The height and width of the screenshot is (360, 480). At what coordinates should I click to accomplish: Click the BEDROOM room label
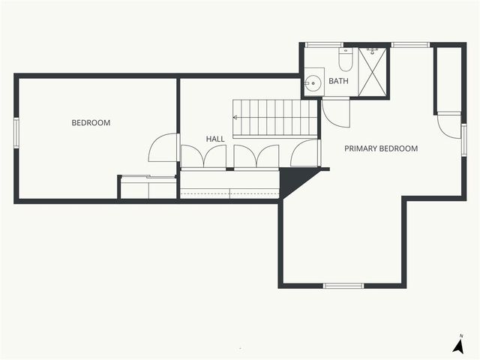(91, 123)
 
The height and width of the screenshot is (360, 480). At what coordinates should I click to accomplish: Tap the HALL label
(215, 139)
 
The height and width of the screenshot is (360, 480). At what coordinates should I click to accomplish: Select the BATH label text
(339, 81)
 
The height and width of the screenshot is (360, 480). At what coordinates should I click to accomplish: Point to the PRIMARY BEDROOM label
(381, 148)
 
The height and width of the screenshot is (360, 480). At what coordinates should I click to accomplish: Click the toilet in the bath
(345, 58)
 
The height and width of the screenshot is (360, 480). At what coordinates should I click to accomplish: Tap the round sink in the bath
(313, 82)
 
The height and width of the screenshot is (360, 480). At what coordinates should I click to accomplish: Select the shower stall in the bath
(373, 71)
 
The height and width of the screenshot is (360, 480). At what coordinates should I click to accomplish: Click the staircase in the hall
(275, 118)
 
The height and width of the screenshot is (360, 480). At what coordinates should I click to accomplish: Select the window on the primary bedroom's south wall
(343, 286)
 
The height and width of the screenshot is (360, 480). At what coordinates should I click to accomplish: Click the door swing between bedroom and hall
(163, 148)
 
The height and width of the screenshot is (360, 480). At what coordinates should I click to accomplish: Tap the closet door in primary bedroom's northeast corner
(448, 125)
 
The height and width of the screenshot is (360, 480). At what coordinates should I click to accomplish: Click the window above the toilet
(325, 45)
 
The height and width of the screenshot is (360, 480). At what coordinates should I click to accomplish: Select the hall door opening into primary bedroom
(306, 153)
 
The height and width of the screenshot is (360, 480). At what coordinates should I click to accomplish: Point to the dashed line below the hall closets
(229, 194)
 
